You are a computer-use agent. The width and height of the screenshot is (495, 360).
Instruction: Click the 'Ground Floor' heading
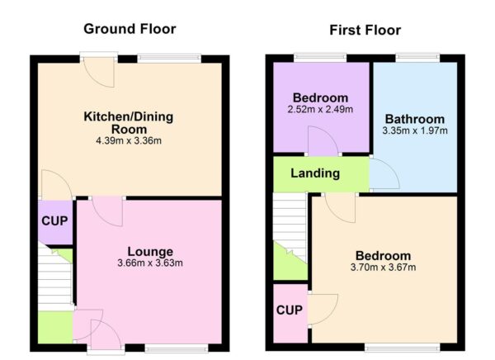130,29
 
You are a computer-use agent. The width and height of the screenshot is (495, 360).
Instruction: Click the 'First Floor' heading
365,31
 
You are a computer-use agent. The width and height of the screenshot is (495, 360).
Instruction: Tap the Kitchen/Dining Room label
128,123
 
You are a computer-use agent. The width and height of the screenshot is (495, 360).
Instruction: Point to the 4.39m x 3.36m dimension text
128,141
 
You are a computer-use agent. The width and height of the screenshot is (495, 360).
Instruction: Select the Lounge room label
149,251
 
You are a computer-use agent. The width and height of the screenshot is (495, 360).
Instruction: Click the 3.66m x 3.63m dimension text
149,263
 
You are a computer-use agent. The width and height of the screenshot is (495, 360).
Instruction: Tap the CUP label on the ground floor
54,222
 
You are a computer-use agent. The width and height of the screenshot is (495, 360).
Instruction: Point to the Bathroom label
413,119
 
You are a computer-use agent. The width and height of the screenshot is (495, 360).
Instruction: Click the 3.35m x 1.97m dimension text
413,130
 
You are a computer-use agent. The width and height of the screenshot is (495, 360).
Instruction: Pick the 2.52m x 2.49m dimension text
320,109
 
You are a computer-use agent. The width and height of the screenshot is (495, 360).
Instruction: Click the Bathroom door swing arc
384,173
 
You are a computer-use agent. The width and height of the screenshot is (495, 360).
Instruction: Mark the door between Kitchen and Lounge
107,211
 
